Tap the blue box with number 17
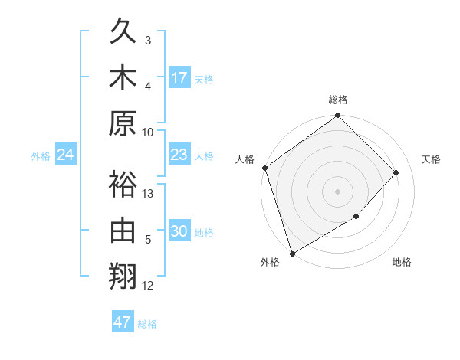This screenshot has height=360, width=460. point(179,78)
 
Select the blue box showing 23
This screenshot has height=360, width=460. point(179,155)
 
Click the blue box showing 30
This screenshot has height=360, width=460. point(179,232)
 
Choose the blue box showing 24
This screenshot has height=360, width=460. point(66,155)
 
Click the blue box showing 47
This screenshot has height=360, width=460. point(123,322)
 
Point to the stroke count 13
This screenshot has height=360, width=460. point(149,193)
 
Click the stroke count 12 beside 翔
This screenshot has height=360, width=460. point(149,286)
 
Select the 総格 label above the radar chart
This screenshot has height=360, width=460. point(337,100)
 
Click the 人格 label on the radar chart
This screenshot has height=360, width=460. point(245,159)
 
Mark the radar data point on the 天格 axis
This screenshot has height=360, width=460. point(396,172)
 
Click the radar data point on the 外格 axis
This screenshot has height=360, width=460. point(292,254)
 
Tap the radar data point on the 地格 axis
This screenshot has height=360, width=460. point(356,218)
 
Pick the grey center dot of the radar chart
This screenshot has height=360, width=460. point(337,191)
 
